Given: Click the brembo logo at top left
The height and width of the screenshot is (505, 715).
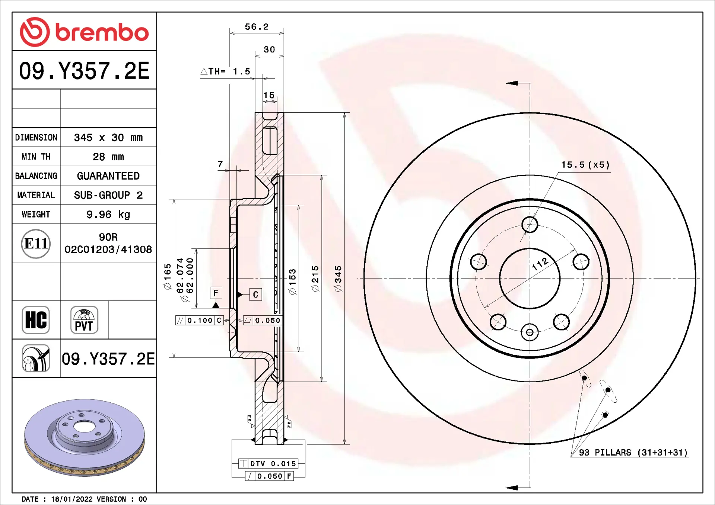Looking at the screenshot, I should coord(84,32).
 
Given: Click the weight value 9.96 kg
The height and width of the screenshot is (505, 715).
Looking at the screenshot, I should coord(108,215).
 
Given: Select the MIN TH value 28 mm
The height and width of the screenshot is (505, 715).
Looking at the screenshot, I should coord(108,157).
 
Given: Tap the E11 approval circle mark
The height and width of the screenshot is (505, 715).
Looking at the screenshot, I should coord(36,244).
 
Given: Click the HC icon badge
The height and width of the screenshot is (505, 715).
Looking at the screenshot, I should coord(36,320).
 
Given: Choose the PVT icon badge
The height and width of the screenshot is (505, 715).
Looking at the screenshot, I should coord(84,320).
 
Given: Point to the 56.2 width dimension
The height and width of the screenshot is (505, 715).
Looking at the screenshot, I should coord(257,27).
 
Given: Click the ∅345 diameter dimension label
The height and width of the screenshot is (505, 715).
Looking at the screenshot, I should coord(338,279).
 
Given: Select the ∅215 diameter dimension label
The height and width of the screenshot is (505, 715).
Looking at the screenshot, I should coord(315,279).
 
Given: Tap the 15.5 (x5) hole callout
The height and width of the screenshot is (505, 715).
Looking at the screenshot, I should coord(585,165).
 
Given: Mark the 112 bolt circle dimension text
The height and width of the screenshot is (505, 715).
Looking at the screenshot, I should coord(540,264).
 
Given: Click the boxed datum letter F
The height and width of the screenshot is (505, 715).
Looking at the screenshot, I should coord(216,293).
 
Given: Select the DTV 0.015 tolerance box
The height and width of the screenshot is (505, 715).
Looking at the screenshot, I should coord(268,464).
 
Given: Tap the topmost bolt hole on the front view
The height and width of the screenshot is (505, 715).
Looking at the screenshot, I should coord(530,225).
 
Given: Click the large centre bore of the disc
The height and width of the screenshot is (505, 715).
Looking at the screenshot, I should coord(530,279).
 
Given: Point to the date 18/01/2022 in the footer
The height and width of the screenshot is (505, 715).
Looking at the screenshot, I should coord(71,499).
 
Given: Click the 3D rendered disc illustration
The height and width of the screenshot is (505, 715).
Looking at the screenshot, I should coord(84,437).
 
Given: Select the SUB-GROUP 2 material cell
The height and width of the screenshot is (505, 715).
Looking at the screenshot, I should coord(108,195).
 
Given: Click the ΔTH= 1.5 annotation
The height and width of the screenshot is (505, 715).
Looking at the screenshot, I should coord(226,71).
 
